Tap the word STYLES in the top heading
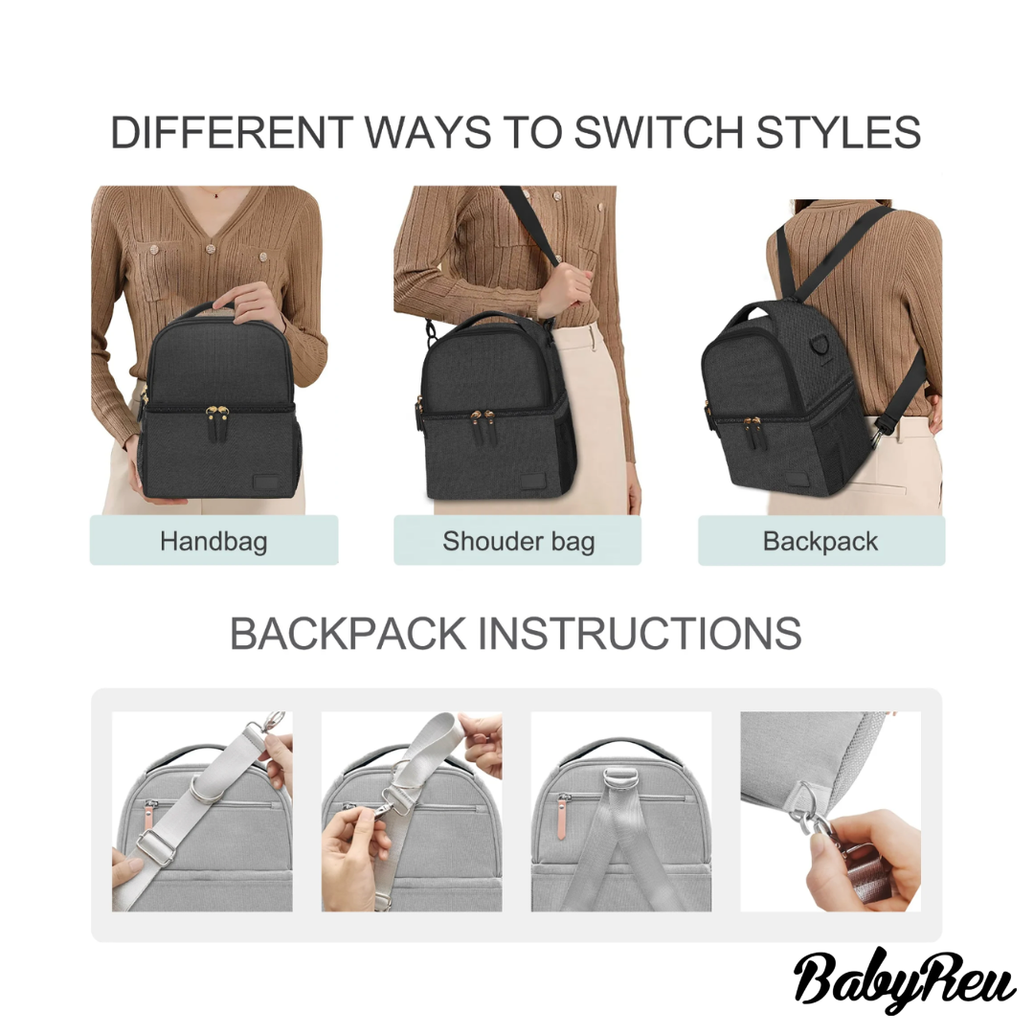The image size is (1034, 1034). point(838,132)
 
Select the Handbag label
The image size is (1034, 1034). point(214,541)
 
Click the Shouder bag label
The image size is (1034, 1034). point(518,541)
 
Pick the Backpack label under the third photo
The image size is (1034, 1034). point(820,541)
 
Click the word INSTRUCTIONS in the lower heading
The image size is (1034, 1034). point(639,634)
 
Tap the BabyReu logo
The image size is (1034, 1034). point(904,981)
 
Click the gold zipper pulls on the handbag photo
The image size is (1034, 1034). point(217,414)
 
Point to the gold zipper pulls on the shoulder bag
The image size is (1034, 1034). point(482,416)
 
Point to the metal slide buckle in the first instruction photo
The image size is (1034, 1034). point(155,846)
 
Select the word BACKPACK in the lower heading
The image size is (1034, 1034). point(348,634)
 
